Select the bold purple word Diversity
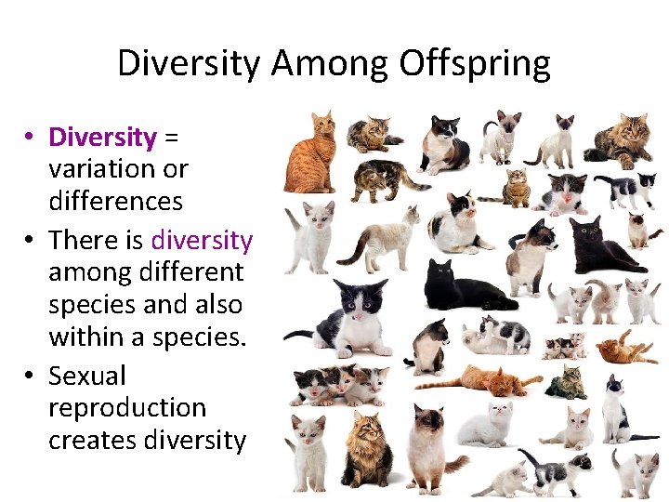[x=102, y=138]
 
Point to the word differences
[x=115, y=201]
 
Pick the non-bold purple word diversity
[x=201, y=240]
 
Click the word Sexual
[x=86, y=376]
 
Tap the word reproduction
[x=127, y=408]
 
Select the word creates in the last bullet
[x=93, y=440]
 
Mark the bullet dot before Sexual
[x=31, y=376]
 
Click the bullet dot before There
[x=31, y=241]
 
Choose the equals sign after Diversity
[x=171, y=138]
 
